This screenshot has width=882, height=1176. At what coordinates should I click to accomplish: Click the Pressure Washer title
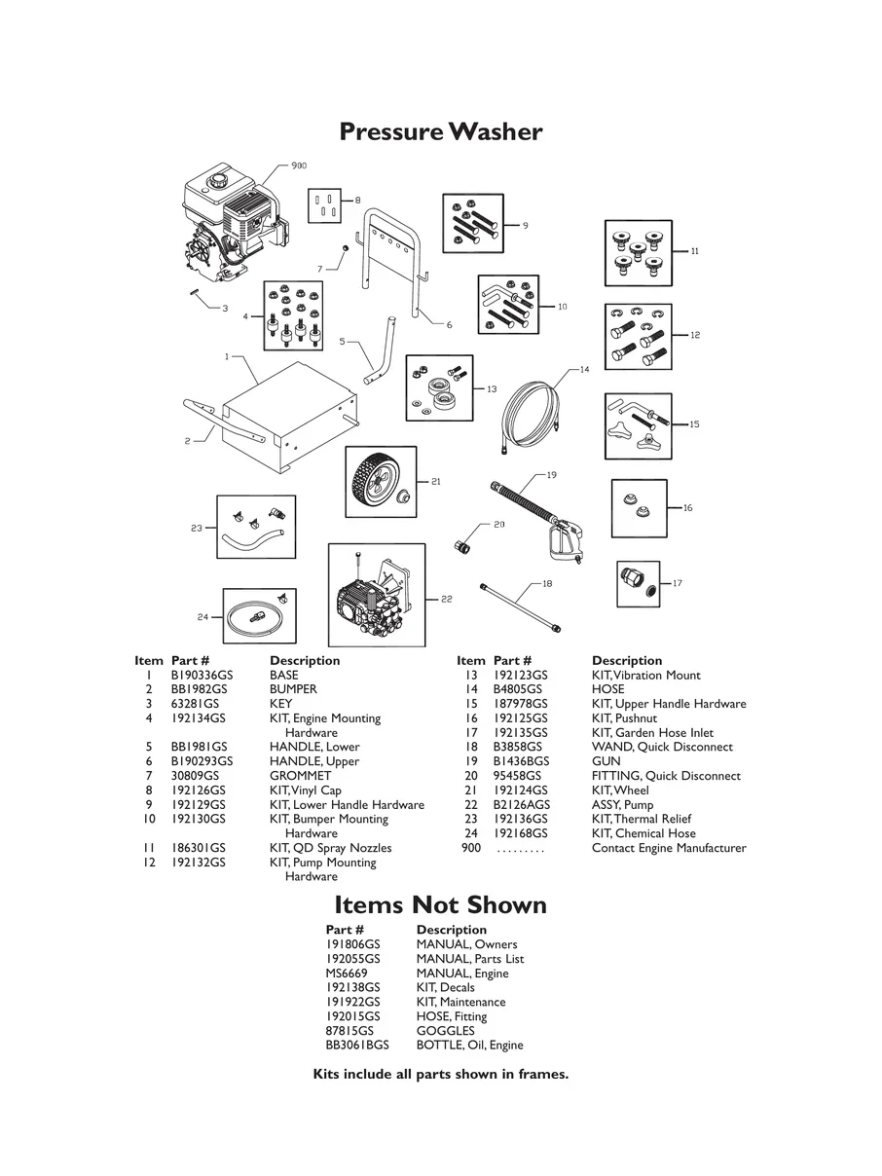[440, 131]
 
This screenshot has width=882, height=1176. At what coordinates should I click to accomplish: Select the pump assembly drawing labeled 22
[375, 597]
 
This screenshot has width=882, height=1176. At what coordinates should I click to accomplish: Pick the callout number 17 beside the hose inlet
[677, 583]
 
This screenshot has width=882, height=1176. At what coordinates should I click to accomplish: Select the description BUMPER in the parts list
[293, 689]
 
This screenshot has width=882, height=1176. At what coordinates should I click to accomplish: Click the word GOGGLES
[445, 1031]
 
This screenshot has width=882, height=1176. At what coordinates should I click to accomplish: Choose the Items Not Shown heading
[440, 905]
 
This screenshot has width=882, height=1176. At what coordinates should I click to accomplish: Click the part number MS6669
[347, 974]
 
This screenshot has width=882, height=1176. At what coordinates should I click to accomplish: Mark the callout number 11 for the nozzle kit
[695, 251]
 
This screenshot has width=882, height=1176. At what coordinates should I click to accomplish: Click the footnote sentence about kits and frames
[440, 1075]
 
